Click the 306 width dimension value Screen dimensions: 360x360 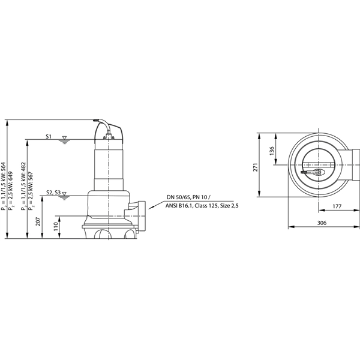coord(321,223)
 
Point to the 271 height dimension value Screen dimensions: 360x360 coord(255,167)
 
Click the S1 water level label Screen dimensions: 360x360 coord(49,137)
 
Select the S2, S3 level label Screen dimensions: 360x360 coord(53,192)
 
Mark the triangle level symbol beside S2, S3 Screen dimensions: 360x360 coord(65,195)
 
